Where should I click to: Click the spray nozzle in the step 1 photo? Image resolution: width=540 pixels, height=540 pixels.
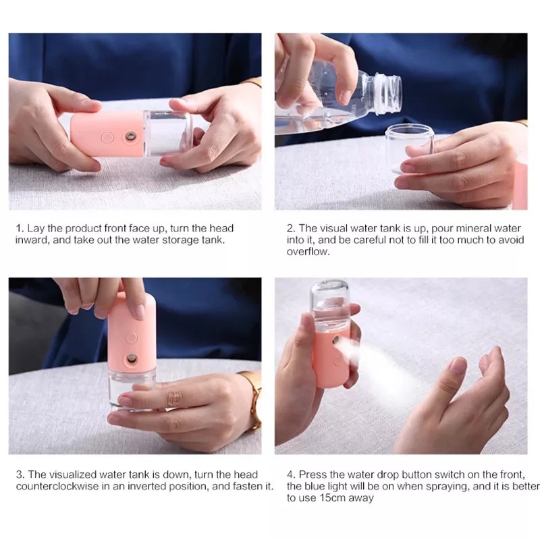coord(130,136)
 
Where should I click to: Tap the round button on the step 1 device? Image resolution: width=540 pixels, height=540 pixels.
coord(107,138)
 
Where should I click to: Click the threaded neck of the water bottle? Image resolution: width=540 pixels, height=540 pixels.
coord(387,93)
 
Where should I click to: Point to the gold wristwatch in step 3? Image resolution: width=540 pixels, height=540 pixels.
coord(253,400)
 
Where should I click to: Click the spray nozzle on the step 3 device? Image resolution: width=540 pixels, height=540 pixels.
coord(131,359)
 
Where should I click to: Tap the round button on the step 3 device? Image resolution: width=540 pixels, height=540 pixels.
coord(131,337)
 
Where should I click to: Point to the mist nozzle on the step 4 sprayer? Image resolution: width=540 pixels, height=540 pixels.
coord(336,341)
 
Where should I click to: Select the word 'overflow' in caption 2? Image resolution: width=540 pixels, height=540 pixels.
coord(308,251)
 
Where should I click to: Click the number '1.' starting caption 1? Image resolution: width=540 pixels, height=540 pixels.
coord(20,228)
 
